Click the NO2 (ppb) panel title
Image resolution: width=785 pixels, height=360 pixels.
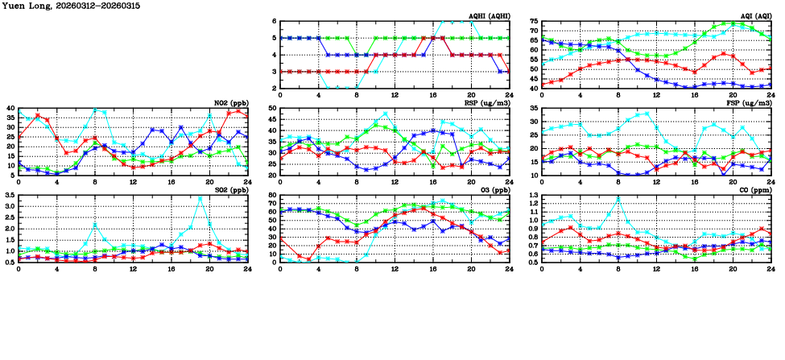229,103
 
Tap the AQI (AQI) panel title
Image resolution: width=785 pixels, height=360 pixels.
754,16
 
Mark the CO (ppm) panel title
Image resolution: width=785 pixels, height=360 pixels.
755,190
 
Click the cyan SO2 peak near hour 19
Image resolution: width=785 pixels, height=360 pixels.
200,198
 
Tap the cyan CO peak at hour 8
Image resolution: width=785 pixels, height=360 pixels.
618,197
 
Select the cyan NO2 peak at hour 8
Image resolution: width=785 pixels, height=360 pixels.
95,110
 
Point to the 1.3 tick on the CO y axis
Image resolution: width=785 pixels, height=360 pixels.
531,195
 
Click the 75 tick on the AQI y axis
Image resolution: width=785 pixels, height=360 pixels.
533,21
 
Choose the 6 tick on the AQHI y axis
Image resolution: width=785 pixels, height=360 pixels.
274,21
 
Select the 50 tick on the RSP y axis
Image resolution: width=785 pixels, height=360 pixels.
271,108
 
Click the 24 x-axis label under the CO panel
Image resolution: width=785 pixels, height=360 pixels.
771,268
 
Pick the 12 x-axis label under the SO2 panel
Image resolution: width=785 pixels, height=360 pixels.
133,268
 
